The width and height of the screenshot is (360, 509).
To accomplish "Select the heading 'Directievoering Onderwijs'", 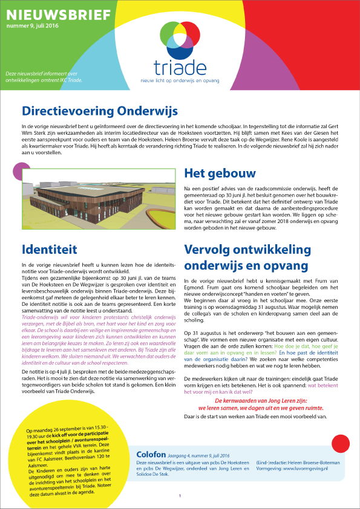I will click(99, 111).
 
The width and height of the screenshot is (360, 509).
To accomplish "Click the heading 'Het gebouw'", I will click(219, 174).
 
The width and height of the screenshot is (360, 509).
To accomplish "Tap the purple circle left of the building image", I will click(20, 172).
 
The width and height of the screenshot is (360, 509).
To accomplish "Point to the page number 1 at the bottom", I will click(180, 496).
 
